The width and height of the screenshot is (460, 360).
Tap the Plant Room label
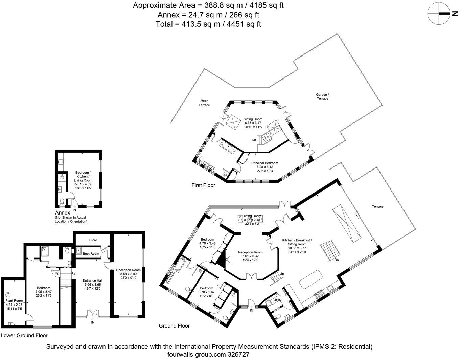pyautogui.click(x=14, y=300)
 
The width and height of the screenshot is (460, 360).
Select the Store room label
pyautogui.click(x=93, y=240)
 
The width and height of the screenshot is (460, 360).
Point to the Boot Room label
pyautogui.click(x=91, y=253)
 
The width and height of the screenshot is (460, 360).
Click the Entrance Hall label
pyautogui.click(x=93, y=280)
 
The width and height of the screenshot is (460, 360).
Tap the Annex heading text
pyautogui.click(x=63, y=212)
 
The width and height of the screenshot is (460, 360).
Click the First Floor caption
pyautogui.click(x=203, y=185)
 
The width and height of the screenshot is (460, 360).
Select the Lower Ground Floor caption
pyautogui.click(x=24, y=335)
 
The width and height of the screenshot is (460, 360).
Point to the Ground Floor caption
pyautogui.click(x=174, y=326)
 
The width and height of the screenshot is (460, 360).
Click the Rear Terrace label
pyautogui.click(x=204, y=103)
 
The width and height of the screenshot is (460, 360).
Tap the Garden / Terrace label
pyautogui.click(x=322, y=96)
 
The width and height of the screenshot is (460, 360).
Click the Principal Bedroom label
pyautogui.click(x=264, y=163)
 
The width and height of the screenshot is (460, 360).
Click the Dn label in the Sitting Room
pyautogui.click(x=254, y=140)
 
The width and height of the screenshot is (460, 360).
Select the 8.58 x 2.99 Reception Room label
pyautogui.click(x=128, y=270)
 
